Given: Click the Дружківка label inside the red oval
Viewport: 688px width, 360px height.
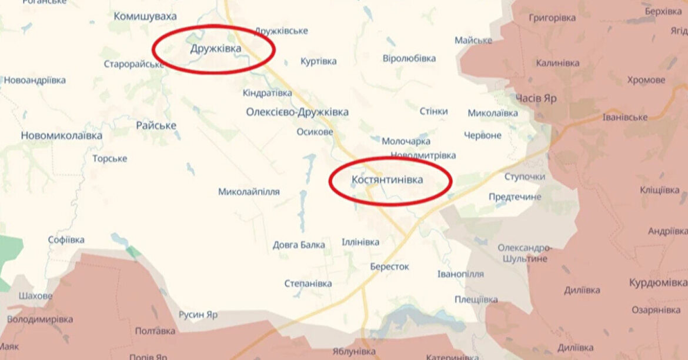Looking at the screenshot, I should click(215, 49).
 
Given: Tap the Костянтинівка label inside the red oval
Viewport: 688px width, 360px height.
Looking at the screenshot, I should click(387, 180).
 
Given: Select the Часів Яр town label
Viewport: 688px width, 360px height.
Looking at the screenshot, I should click(536, 98).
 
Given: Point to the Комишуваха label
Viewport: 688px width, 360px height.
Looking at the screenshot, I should click(145, 16).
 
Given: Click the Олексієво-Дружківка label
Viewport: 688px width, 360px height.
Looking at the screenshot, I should click(297, 112).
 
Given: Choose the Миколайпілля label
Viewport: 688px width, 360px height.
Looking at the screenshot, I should click(249, 192).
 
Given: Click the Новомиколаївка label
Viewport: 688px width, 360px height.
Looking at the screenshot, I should click(61, 135).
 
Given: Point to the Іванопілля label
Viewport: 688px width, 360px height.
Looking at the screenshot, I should click(460, 274).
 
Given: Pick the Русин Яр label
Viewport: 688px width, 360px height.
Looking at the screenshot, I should click(198, 315).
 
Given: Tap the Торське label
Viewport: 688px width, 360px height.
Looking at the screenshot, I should click(109, 159).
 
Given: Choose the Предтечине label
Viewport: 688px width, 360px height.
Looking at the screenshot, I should click(515, 197).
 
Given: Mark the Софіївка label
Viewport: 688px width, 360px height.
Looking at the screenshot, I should click(66, 240).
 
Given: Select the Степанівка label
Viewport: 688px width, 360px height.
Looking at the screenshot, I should click(308, 284).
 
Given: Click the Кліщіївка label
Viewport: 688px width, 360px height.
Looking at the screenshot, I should click(660, 191).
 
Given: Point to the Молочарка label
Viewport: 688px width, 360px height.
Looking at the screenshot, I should click(406, 141).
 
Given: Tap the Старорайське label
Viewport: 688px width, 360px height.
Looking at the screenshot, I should click(133, 64).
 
